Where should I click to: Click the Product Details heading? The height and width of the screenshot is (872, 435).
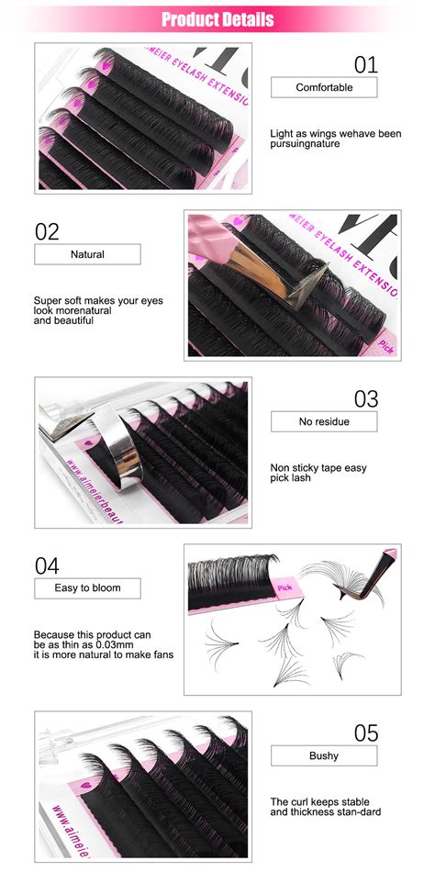(217, 18)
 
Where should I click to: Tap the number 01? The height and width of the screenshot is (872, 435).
(365, 63)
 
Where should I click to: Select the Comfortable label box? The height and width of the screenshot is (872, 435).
(324, 87)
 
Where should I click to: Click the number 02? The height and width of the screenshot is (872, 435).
(47, 230)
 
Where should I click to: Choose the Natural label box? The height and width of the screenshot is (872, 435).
(87, 254)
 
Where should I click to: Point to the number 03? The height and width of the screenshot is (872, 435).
(365, 398)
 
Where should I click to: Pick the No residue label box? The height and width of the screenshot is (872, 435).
(324, 422)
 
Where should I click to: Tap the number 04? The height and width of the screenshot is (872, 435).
(47, 565)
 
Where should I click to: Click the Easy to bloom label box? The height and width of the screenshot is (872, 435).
(87, 587)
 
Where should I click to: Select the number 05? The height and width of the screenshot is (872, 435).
(365, 732)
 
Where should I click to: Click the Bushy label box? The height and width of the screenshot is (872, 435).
(324, 755)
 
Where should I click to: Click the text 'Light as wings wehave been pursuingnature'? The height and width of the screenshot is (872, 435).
(336, 139)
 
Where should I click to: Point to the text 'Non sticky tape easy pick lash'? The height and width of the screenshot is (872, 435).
(318, 474)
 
